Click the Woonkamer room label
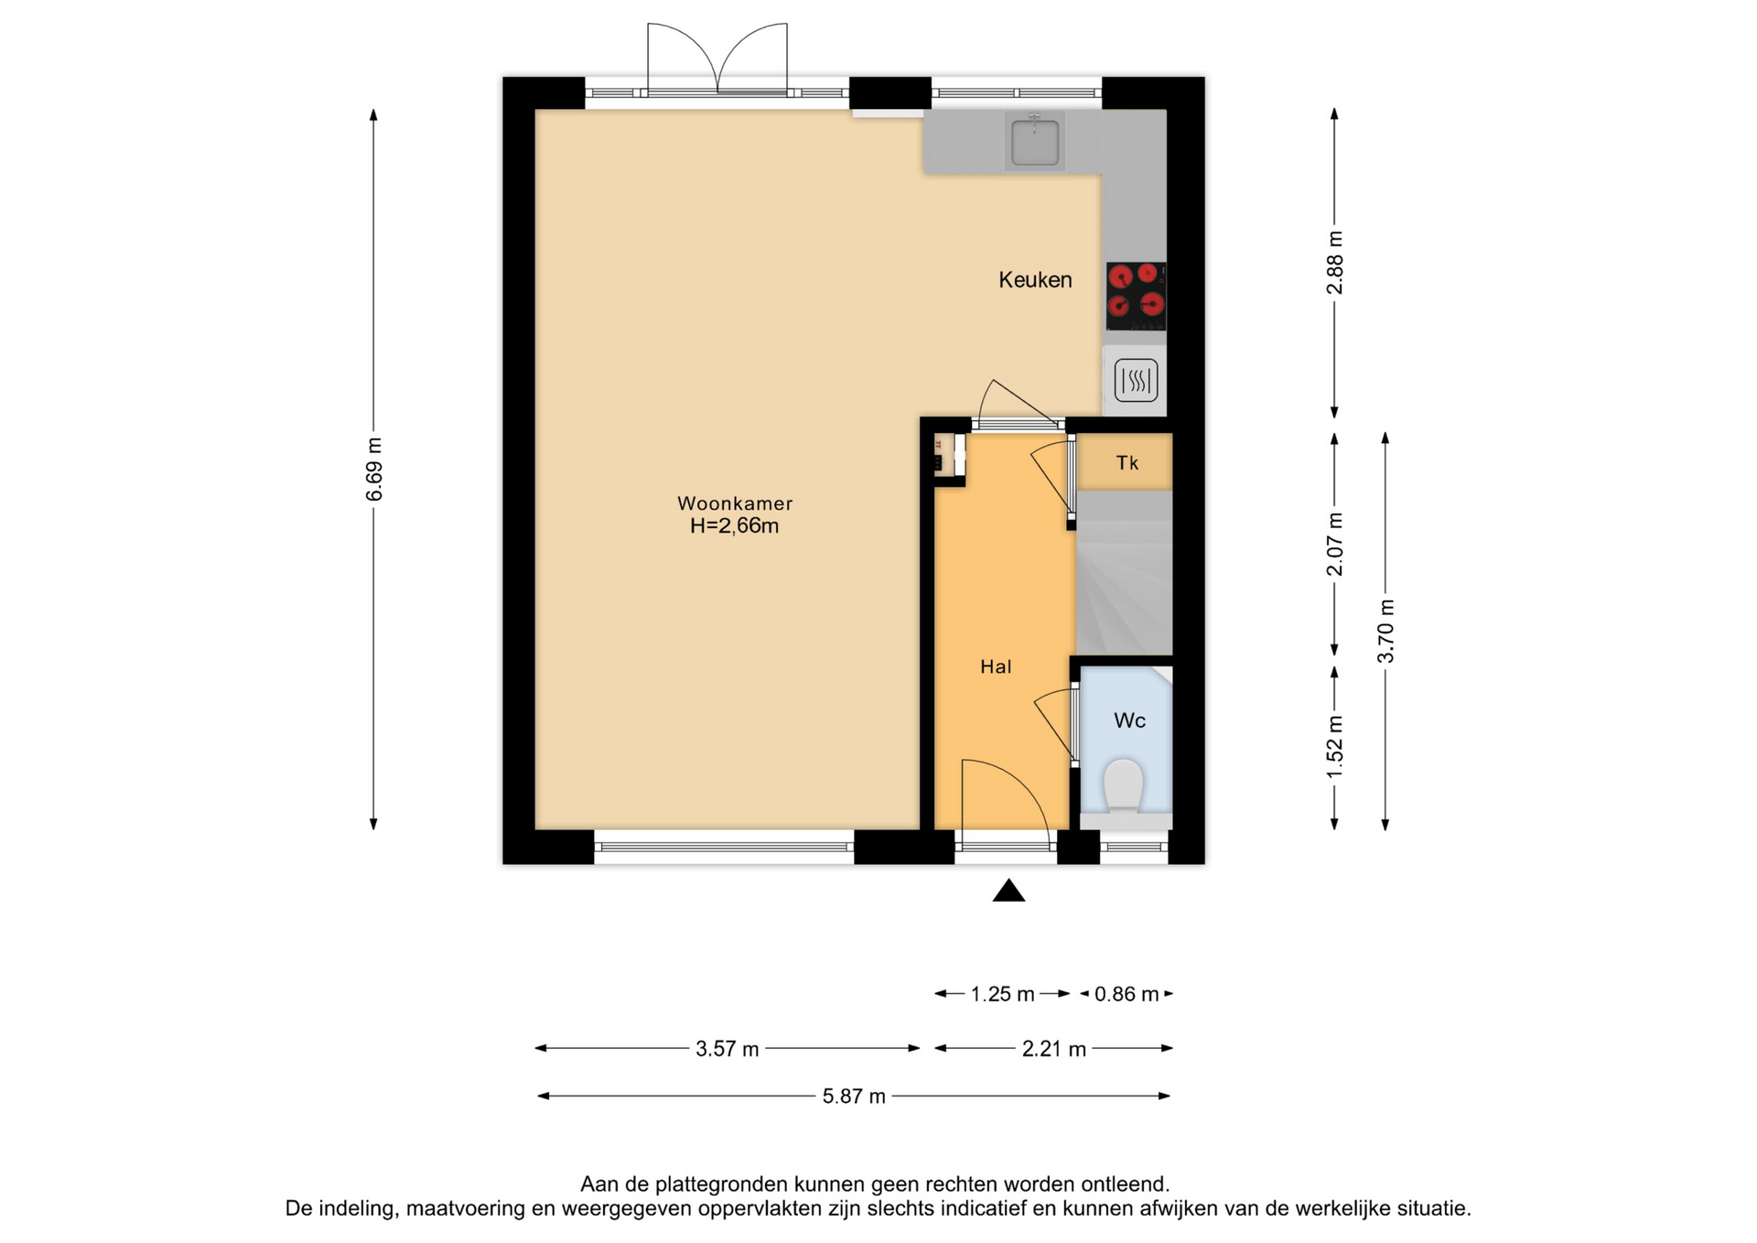(x=734, y=503)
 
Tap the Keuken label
(x=1035, y=280)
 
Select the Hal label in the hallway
(x=996, y=666)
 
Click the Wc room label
(x=1129, y=720)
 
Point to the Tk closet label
(x=1126, y=463)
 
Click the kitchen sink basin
(x=1035, y=142)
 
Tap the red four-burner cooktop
(x=1136, y=296)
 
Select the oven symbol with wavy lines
(x=1136, y=380)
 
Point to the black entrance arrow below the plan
(x=1008, y=891)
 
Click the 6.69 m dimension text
(x=373, y=470)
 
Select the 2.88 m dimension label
(x=1335, y=263)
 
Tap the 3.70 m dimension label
(x=1385, y=631)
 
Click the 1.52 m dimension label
(x=1335, y=747)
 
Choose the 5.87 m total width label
(x=854, y=1097)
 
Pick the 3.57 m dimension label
(x=728, y=1049)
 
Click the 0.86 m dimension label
(x=1126, y=994)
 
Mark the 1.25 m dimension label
(x=1002, y=994)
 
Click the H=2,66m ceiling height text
(x=734, y=525)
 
